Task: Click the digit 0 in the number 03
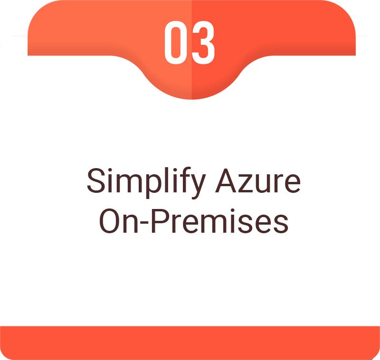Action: click(x=176, y=42)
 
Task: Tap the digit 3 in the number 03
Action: click(x=203, y=42)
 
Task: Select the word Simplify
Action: click(x=146, y=183)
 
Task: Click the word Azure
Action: click(x=258, y=181)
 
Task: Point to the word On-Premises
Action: click(x=194, y=221)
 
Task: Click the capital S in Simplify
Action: click(x=96, y=180)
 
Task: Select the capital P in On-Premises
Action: click(x=161, y=221)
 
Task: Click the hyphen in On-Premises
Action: click(x=144, y=224)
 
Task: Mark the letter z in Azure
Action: click(x=246, y=183)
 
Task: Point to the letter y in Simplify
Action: click(x=198, y=187)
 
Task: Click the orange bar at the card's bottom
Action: click(x=190, y=343)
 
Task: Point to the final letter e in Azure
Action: click(x=292, y=184)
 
